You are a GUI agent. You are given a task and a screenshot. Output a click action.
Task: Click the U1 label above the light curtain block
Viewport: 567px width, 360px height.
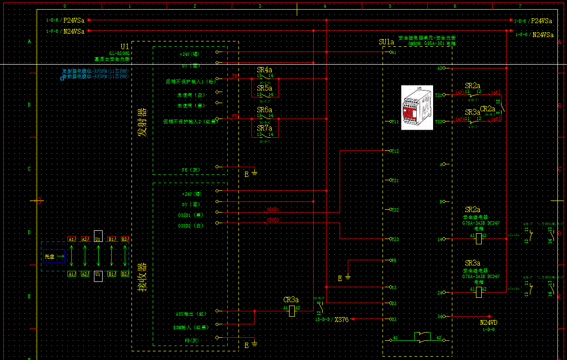click(x=124, y=46)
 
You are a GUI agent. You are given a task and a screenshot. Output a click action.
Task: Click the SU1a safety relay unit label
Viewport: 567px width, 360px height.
click(x=386, y=42)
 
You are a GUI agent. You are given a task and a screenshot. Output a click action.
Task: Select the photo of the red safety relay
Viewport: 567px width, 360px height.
click(x=418, y=108)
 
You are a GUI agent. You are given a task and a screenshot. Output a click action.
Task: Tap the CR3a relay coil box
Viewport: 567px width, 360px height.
click(x=292, y=311)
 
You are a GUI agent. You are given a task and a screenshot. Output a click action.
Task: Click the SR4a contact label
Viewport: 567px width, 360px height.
click(x=264, y=70)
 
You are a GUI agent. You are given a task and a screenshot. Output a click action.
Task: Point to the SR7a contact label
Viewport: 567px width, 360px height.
click(x=264, y=128)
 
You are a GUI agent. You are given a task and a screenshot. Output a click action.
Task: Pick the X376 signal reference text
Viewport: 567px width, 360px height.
click(x=341, y=320)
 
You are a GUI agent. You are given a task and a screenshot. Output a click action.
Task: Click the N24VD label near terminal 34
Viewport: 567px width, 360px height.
click(x=488, y=322)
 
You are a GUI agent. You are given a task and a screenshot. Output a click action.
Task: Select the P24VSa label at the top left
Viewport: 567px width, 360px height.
click(x=74, y=21)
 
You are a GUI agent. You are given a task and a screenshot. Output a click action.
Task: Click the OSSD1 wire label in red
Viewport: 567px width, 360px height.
click(x=273, y=210)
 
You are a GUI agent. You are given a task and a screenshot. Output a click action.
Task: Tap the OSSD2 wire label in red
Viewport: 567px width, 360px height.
click(x=273, y=220)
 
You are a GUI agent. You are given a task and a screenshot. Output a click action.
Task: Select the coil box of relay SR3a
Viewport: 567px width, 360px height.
click(x=478, y=292)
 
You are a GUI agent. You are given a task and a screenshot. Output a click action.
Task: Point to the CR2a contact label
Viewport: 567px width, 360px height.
click(x=488, y=109)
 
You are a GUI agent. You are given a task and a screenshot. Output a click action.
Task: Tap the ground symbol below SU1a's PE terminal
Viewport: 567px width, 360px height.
click(x=348, y=278)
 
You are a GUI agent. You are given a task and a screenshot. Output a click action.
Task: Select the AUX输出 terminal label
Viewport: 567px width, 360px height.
click(x=191, y=314)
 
